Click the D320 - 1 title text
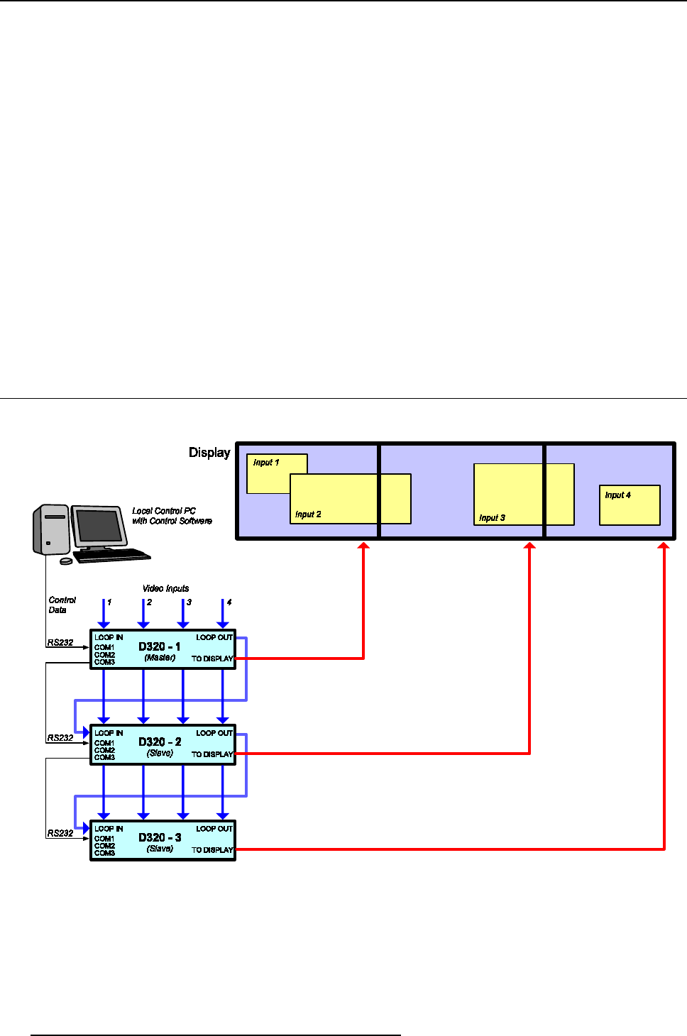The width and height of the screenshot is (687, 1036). pyautogui.click(x=159, y=646)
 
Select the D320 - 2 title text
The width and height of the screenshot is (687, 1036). pyautogui.click(x=160, y=742)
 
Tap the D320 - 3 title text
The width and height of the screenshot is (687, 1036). pyautogui.click(x=160, y=837)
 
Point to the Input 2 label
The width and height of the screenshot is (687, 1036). pyautogui.click(x=308, y=514)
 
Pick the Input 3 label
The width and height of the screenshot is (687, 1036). pyautogui.click(x=492, y=518)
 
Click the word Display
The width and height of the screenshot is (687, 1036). pyautogui.click(x=209, y=453)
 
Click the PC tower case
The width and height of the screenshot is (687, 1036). pyautogui.click(x=50, y=529)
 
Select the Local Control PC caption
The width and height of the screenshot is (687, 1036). pyautogui.click(x=172, y=516)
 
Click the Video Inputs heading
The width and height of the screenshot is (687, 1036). pyautogui.click(x=165, y=588)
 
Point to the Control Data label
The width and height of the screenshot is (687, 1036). pyautogui.click(x=61, y=605)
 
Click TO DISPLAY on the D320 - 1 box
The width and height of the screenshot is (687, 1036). pyautogui.click(x=212, y=658)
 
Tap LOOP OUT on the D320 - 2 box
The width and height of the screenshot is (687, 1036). pyautogui.click(x=214, y=733)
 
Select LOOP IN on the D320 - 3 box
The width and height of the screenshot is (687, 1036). pyautogui.click(x=109, y=829)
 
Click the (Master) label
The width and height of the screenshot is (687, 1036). pyautogui.click(x=160, y=658)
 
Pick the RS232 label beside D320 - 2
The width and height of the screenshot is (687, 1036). pyautogui.click(x=60, y=738)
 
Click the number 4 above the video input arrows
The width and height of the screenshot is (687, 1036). pyautogui.click(x=229, y=602)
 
